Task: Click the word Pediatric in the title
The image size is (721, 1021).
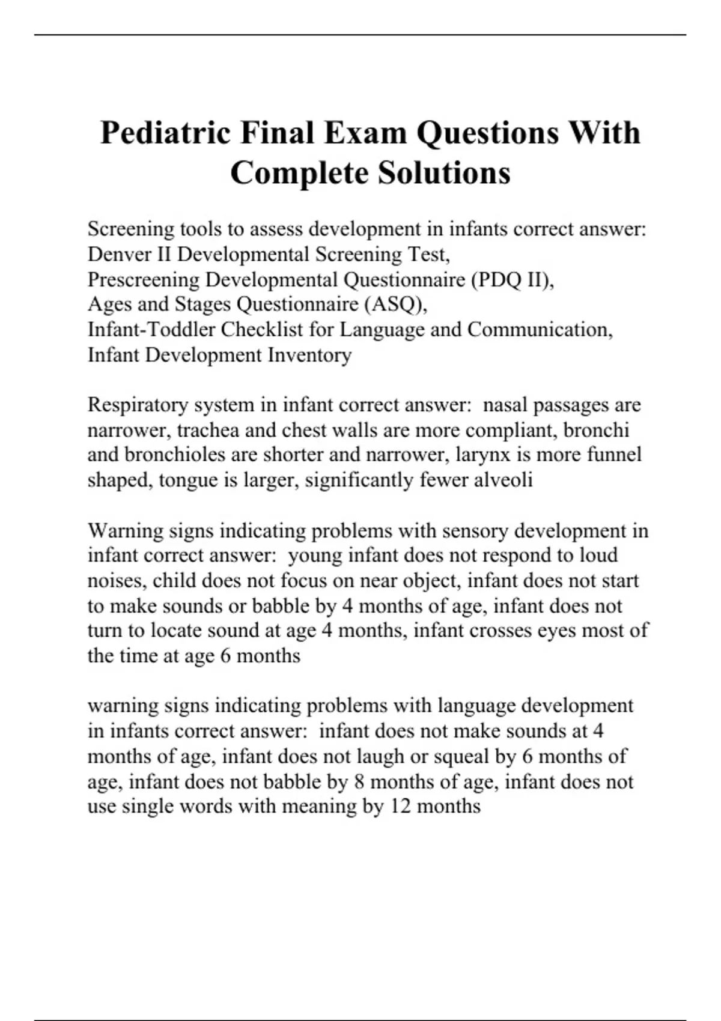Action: [x=166, y=133]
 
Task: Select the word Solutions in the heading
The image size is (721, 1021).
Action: [x=444, y=173]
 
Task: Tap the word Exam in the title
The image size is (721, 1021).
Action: [x=366, y=133]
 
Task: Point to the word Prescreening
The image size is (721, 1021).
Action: [x=144, y=279]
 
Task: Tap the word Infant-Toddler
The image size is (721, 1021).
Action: [x=151, y=330]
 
